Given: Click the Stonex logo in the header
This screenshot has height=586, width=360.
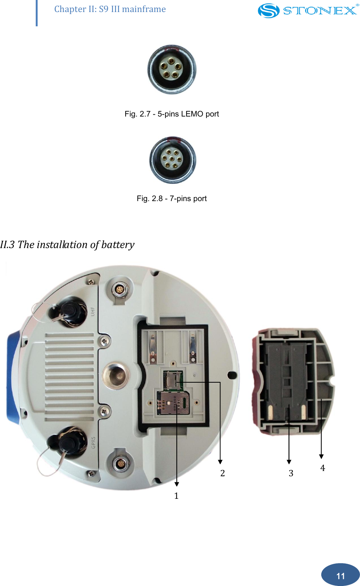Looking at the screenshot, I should tap(308, 11).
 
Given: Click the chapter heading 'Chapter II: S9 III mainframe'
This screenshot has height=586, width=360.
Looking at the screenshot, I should tap(110, 9).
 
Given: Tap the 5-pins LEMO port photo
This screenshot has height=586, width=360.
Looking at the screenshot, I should tap(172, 70).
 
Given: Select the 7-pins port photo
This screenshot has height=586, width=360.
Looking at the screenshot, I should tap(173, 160).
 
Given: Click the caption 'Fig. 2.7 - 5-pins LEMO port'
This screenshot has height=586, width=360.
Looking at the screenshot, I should tap(172, 114).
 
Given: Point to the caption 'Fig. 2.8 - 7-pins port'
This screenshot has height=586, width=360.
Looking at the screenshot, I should tap(172, 198).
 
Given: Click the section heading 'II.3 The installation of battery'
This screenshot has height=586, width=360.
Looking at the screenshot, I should tap(67, 245).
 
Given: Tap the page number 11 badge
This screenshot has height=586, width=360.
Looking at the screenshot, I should tap(340, 575).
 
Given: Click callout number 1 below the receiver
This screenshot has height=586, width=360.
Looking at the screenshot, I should tap(176, 496).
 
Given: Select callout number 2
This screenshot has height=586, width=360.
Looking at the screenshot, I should tap(223, 473).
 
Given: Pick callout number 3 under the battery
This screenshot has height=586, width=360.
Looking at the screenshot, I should tap(291, 473).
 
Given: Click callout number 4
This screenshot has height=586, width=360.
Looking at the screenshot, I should tap(322, 468).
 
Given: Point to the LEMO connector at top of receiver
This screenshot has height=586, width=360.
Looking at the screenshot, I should tap(119, 290).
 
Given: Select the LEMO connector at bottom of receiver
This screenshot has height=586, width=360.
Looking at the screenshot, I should tap(120, 464).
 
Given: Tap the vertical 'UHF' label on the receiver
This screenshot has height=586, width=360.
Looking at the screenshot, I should tap(93, 311).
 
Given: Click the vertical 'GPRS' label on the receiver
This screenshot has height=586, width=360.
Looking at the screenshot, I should tap(93, 442).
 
